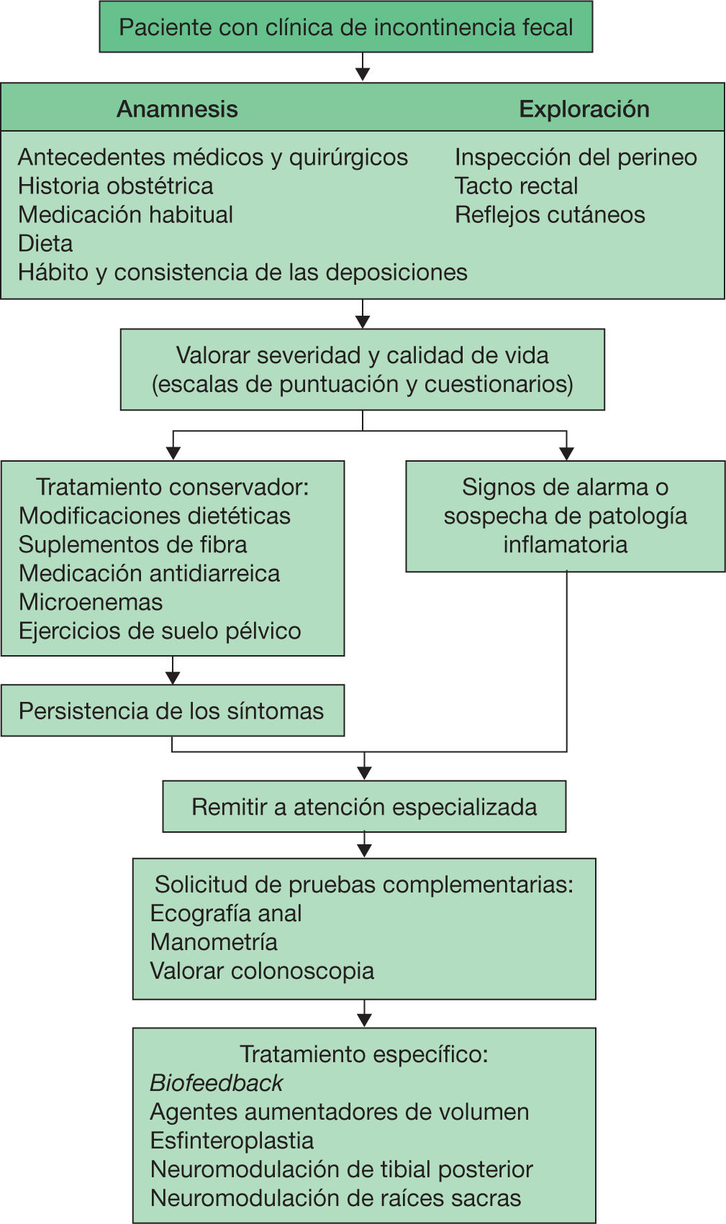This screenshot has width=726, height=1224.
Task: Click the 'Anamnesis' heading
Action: (177, 109)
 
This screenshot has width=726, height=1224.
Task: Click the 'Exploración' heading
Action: (584, 109)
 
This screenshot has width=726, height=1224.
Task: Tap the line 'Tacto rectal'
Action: (516, 186)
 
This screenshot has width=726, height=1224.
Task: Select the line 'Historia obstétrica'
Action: (115, 186)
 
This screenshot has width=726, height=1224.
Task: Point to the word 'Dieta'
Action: (45, 244)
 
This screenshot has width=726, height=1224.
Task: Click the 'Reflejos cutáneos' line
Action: (550, 215)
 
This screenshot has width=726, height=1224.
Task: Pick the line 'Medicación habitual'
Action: (125, 215)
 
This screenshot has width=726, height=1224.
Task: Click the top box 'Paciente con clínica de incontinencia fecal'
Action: (345, 27)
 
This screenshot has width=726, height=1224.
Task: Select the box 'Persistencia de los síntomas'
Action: (172, 711)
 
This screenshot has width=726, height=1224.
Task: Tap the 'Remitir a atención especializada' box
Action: (364, 807)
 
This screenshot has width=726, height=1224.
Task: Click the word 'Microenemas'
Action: (91, 602)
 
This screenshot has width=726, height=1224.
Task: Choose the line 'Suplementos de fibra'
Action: (132, 544)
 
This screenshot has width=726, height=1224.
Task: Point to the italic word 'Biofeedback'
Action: (216, 1083)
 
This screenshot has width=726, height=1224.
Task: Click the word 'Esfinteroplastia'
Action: (232, 1141)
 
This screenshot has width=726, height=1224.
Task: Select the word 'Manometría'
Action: (214, 942)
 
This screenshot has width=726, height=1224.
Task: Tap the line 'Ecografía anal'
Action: (226, 913)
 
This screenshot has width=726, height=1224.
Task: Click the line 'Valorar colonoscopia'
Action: (262, 971)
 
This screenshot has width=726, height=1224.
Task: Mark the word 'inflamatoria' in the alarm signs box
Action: (565, 544)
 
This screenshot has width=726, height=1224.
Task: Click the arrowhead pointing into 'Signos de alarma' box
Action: (567, 454)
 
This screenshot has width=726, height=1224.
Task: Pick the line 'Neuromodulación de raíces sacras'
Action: (335, 1198)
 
